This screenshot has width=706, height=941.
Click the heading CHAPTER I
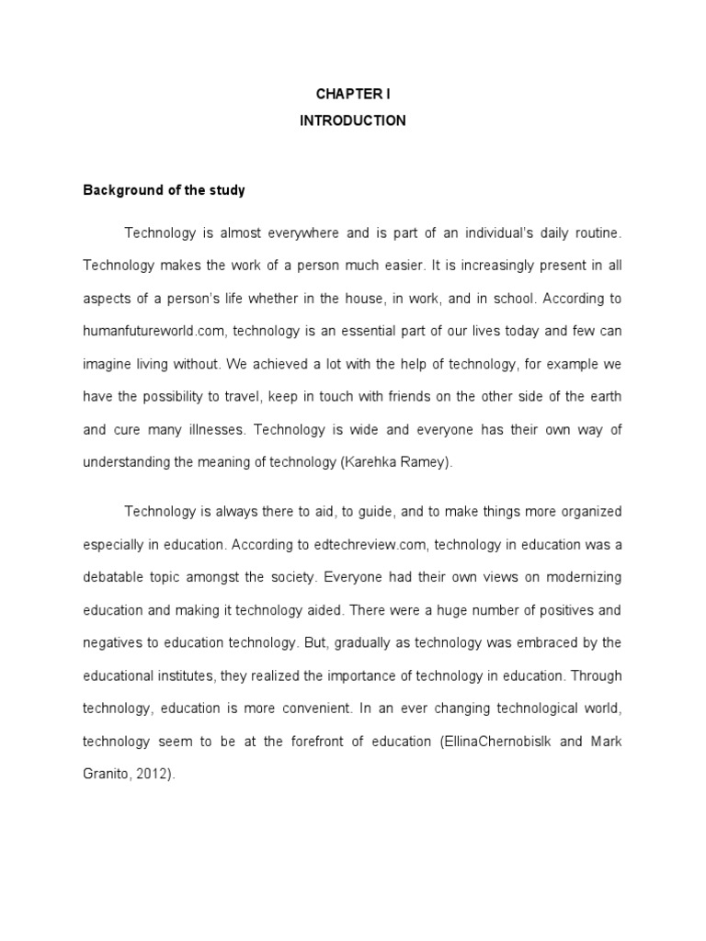click(x=352, y=93)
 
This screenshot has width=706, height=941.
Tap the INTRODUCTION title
click(x=352, y=120)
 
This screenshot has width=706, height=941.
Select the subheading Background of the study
click(x=165, y=191)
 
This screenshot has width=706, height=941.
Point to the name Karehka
click(x=372, y=463)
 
